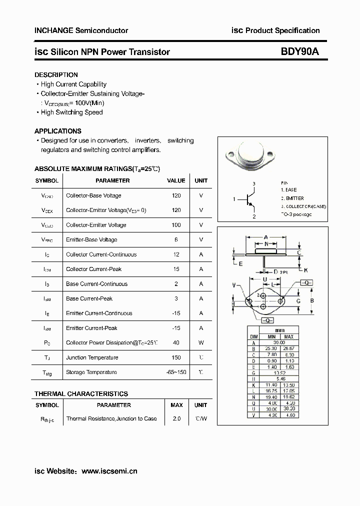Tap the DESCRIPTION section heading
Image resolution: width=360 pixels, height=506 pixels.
56,75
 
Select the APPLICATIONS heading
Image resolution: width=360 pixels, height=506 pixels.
57,131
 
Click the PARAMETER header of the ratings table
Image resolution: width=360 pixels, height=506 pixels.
112,180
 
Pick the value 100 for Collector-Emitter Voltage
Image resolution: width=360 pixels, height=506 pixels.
176,225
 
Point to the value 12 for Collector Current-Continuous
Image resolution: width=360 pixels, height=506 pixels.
176,254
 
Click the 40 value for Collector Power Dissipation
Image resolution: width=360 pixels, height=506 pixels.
176,343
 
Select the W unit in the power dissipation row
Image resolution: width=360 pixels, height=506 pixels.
201,343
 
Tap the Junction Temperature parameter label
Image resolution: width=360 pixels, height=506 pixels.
92,357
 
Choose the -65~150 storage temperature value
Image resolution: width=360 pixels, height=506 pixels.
176,372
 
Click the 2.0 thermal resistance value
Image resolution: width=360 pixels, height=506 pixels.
176,418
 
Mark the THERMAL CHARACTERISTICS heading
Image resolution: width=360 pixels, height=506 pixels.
81,394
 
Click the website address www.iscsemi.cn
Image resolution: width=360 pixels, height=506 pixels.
109,471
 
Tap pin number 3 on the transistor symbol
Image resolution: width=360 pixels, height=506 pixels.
254,184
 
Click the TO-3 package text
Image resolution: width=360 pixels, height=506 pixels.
296,214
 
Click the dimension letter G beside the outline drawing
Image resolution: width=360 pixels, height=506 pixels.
298,301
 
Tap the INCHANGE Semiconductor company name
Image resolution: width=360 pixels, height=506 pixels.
81,30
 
